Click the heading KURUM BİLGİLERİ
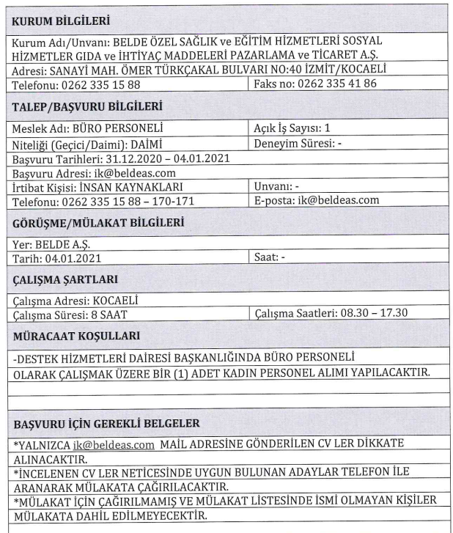[59, 16]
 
